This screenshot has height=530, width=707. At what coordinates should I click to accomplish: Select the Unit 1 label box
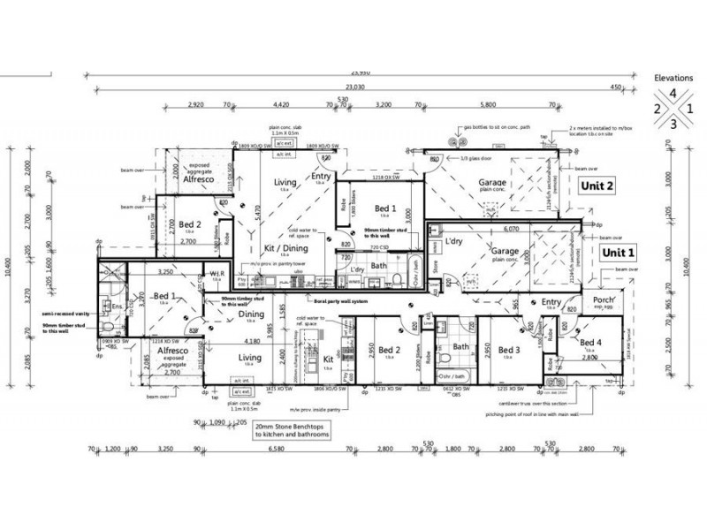[x=618, y=253]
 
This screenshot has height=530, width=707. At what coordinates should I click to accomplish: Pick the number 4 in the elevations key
[x=675, y=93]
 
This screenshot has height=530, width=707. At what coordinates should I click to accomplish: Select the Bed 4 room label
[x=592, y=343]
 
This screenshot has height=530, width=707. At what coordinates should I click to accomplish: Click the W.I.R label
[x=215, y=274]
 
